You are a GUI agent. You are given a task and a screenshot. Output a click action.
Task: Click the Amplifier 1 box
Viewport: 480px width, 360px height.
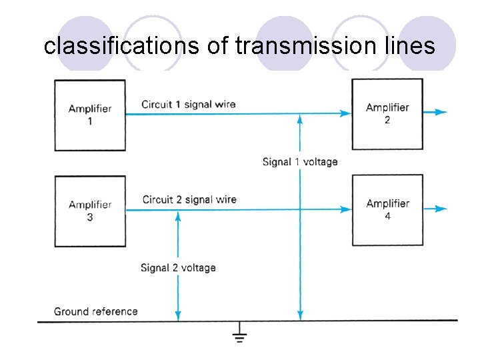click(90, 114)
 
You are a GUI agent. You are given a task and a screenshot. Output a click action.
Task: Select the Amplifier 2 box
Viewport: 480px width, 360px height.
click(387, 113)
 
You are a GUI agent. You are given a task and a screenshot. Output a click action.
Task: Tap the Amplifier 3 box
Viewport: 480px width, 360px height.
click(90, 211)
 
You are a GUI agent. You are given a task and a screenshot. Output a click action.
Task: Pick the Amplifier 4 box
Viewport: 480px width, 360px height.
click(387, 209)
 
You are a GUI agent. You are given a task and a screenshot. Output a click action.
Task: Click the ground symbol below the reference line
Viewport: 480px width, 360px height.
click(239, 335)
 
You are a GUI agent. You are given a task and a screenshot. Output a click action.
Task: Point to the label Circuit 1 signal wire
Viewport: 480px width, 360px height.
click(188, 104)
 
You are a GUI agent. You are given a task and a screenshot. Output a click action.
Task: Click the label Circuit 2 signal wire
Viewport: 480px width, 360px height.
click(189, 199)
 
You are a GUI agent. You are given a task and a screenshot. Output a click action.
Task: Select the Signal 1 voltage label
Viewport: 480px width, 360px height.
click(300, 161)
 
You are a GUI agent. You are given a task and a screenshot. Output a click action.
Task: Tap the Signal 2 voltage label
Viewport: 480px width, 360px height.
click(178, 267)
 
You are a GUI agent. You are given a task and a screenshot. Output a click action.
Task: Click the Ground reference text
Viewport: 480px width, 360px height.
click(95, 311)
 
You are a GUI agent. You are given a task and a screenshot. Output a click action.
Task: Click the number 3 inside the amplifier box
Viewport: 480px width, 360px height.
click(90, 218)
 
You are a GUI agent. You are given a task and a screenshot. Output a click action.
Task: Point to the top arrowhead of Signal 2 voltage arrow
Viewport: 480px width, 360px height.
click(178, 216)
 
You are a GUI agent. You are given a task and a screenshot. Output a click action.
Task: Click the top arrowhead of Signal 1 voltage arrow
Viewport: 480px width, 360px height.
click(300, 119)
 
